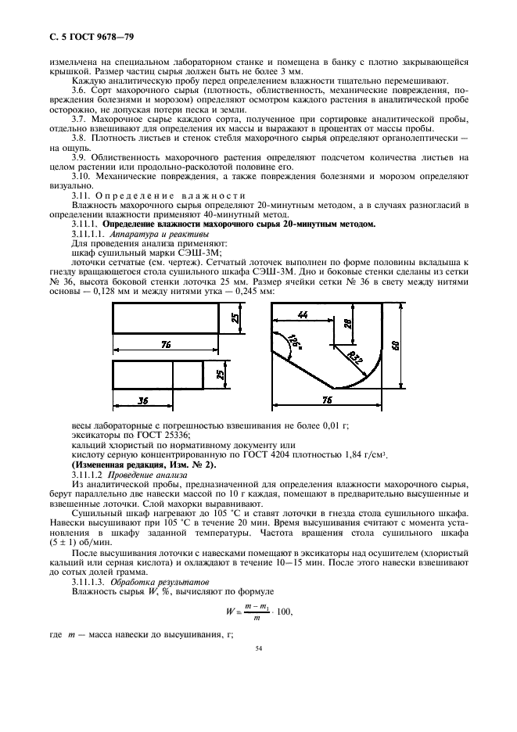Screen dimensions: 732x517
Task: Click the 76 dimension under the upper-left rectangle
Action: point(167,344)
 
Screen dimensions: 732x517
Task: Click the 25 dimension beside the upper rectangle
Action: point(235,318)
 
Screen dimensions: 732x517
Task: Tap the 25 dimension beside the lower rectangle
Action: point(221,375)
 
